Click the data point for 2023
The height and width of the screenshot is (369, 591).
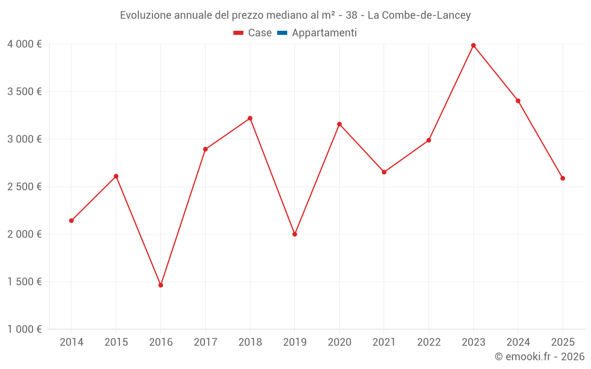(473, 45)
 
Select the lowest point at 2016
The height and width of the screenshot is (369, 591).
(161, 285)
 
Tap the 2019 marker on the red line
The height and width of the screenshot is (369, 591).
(295, 234)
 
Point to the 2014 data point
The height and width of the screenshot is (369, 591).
(72, 221)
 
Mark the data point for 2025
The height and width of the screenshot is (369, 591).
(563, 178)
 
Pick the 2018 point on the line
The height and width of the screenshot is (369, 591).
(250, 118)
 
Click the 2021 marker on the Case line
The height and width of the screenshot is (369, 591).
(384, 172)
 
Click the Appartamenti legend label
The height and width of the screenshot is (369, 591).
(324, 33)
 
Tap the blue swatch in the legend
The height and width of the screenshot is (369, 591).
(282, 33)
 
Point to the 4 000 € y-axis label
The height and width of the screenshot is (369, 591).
(24, 44)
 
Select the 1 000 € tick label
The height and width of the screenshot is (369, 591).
(24, 329)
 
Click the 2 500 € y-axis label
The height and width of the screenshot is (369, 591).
(24, 187)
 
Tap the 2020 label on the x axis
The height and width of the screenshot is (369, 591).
(339, 342)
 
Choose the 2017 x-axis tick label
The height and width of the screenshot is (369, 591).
(205, 342)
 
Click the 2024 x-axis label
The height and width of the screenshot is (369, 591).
(518, 342)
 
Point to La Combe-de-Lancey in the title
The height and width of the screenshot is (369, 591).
(419, 15)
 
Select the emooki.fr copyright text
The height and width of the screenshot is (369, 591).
(539, 357)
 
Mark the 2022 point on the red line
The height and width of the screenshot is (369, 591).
(429, 141)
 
